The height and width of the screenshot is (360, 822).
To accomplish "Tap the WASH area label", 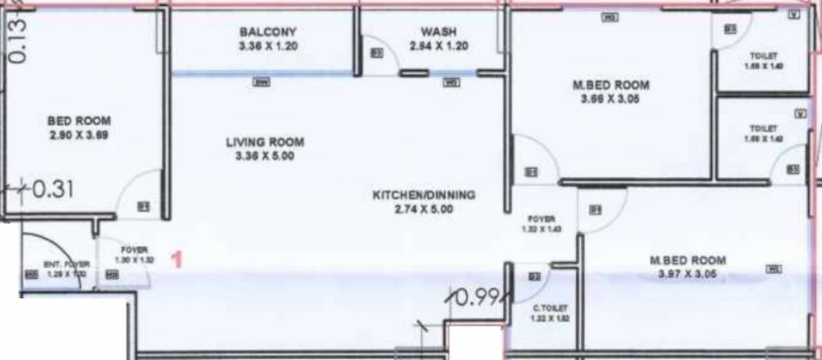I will click(439, 31).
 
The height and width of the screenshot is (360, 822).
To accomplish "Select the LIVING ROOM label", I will click(265, 142).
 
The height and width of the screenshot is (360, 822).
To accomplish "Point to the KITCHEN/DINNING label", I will click(424, 195).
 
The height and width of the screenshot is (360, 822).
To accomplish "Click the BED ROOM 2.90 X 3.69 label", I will click(79, 121).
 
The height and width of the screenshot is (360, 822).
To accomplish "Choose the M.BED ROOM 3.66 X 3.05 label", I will click(610, 86).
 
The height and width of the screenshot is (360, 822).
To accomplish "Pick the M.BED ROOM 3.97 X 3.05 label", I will click(687, 260).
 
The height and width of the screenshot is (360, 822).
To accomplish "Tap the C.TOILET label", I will click(549, 308).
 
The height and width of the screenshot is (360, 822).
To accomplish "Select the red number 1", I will click(177, 260).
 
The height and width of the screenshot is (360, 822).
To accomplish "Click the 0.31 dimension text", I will click(52, 190).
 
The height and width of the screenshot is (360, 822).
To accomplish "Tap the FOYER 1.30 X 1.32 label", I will click(134, 250).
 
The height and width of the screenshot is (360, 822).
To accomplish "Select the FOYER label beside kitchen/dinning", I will click(541, 218).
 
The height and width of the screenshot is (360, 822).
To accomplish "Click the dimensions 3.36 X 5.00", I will click(265, 156).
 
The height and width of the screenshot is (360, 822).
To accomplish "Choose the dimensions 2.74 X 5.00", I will click(424, 209).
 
